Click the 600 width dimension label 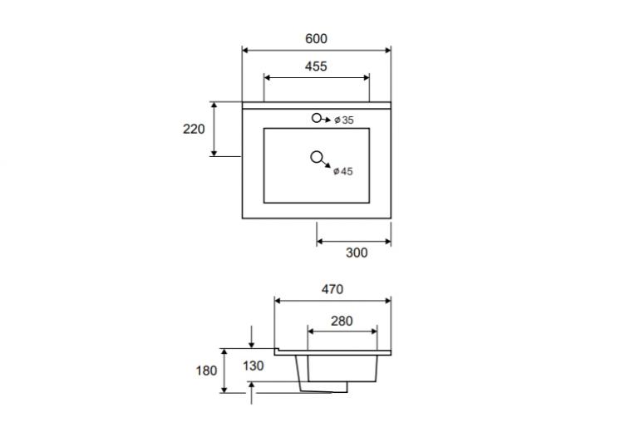coord(316,38)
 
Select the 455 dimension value coord(316,66)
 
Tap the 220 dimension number coord(194,129)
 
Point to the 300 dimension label coord(357,253)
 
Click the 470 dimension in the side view coord(332,289)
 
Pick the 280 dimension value coord(342,321)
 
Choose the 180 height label coord(206,371)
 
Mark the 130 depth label coord(253,366)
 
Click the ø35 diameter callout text coord(344,120)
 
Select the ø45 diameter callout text coord(342,171)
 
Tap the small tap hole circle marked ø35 coord(317,118)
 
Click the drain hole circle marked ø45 coord(317,157)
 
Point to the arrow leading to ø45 coord(326,163)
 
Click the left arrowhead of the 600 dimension coord(245,50)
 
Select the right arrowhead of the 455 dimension coord(366,77)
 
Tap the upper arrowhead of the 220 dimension coord(214,106)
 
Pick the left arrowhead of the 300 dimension coord(320,242)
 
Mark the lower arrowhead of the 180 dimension coord(224,390)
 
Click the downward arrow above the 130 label coord(251,337)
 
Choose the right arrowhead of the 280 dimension coord(374,331)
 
